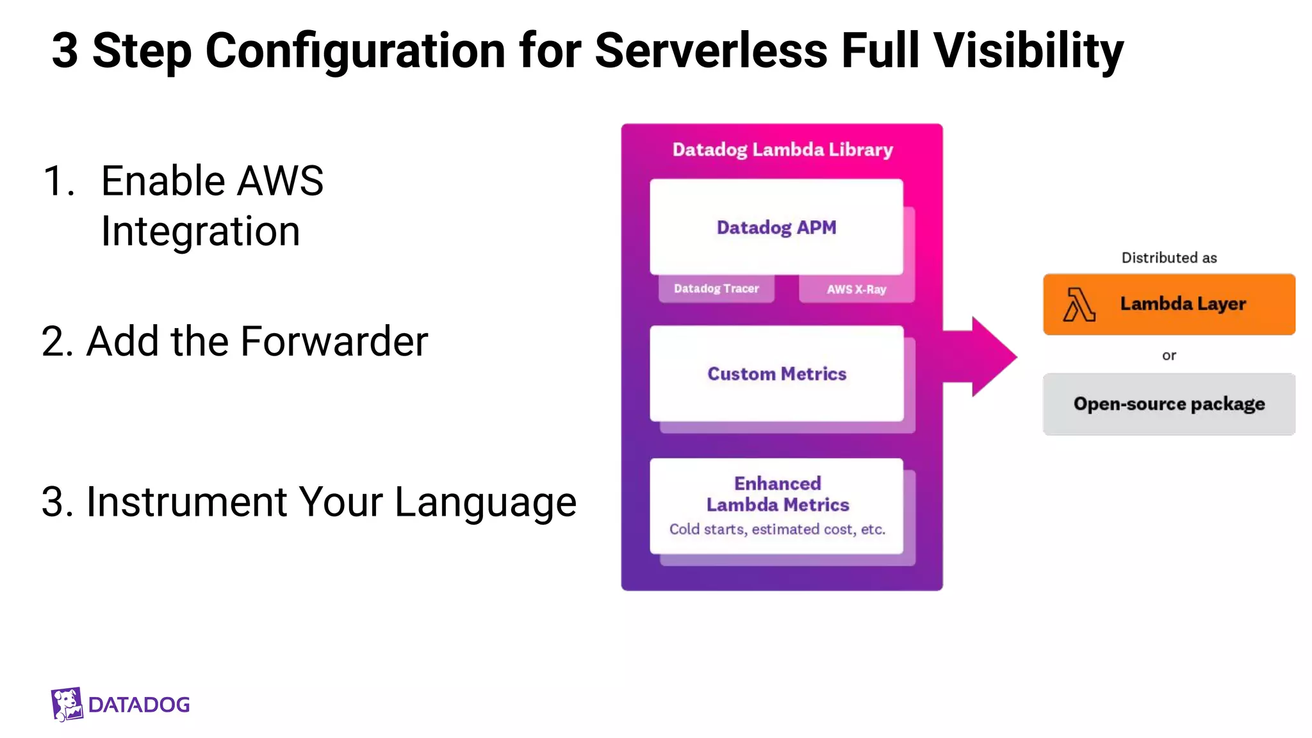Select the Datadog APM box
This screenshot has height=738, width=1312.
point(776,227)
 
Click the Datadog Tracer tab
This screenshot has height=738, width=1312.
point(716,289)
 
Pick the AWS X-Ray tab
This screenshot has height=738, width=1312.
point(857,290)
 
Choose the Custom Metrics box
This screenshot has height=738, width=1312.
point(776,373)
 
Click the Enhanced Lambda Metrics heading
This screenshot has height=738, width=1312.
point(777,494)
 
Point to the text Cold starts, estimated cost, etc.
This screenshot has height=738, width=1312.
point(777,529)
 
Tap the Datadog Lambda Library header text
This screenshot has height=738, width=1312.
point(782,150)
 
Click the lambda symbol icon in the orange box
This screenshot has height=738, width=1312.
point(1079,304)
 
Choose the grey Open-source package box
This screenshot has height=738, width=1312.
point(1168,404)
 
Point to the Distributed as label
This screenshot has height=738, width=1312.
point(1168,258)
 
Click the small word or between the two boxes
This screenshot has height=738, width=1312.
point(1168,355)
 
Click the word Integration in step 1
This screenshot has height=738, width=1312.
point(201,231)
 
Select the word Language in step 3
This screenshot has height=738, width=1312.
point(485,502)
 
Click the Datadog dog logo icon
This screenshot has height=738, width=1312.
point(67,704)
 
